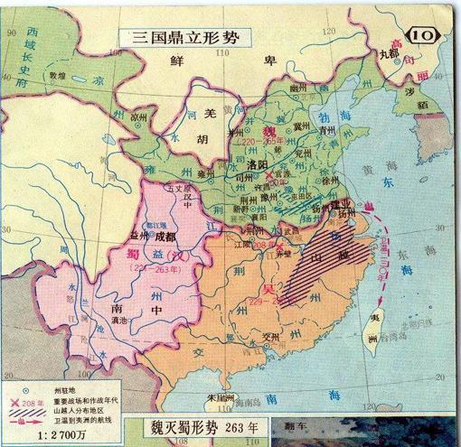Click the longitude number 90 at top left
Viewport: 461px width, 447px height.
[x=9, y=39]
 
